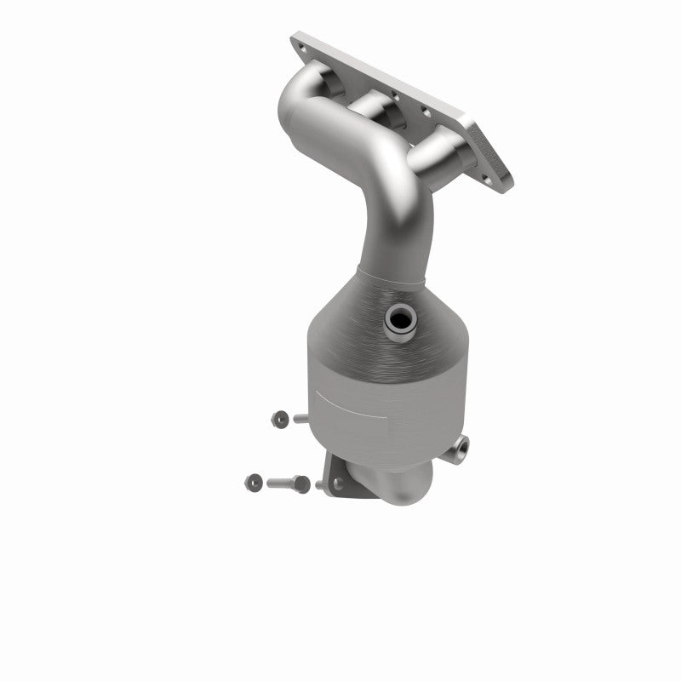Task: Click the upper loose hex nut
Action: [x=278, y=417]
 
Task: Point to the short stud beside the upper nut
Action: [x=300, y=418]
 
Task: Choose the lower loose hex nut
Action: [x=254, y=482]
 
